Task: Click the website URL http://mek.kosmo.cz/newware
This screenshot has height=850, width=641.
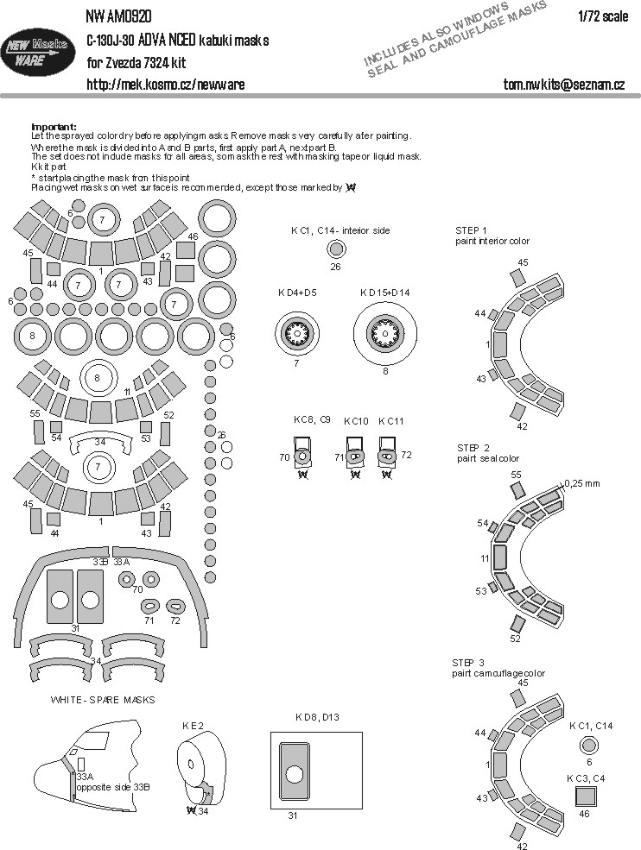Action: click(165, 84)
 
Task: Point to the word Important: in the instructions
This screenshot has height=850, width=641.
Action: click(54, 126)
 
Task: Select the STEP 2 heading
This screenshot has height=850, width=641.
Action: click(473, 448)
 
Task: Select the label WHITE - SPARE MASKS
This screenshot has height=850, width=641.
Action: click(103, 699)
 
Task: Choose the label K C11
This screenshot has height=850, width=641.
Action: click(390, 421)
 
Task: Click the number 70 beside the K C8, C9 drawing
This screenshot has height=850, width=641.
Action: click(284, 457)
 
